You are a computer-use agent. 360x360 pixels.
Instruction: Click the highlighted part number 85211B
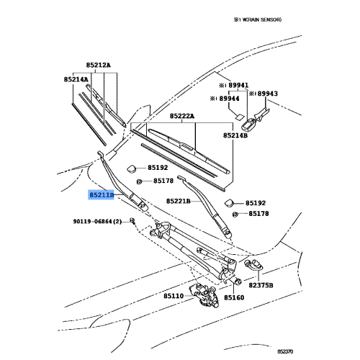coord(101,194)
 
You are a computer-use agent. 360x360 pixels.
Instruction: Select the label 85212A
coord(99,65)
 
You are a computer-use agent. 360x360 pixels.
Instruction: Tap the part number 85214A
coord(76,79)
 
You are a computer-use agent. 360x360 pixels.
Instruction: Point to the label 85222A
coord(182,116)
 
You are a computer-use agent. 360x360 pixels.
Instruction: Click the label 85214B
coord(235,135)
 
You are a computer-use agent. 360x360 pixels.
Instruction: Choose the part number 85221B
coord(179,201)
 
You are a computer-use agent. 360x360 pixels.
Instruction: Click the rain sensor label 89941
coord(238,85)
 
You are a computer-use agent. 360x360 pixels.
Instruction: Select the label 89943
coord(268,94)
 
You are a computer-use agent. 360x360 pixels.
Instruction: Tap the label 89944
coord(230,99)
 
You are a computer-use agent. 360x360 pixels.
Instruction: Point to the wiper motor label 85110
coord(174,296)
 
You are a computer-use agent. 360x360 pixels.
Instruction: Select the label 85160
coord(234,297)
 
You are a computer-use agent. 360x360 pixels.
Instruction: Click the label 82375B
coord(261,285)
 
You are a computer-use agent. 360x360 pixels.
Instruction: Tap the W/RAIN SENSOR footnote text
coord(258,19)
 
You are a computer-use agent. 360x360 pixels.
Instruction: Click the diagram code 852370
coord(285,351)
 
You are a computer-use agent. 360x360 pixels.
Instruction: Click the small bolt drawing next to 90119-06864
coord(132,221)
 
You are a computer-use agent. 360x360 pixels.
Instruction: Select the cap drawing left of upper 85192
coord(131,168)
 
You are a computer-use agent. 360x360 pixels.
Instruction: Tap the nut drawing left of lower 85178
coord(235,214)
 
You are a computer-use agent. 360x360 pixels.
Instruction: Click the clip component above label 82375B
coord(253,265)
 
